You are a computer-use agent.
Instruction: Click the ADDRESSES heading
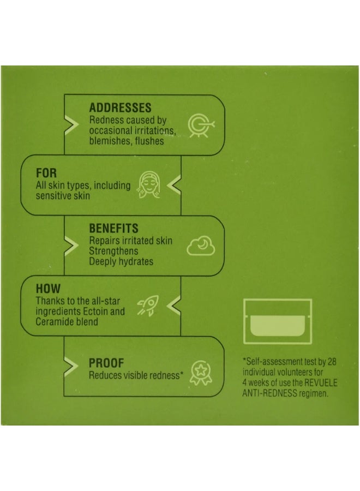120,107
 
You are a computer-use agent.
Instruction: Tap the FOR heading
46,173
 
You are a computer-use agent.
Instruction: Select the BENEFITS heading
113,228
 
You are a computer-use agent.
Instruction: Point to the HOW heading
48,289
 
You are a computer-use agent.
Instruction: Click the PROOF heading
106,363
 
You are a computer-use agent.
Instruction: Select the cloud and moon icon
201,246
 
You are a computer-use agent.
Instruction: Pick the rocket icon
148,306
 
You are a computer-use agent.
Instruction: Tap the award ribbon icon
201,373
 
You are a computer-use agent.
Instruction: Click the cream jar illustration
278,321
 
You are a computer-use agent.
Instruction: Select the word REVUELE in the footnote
321,382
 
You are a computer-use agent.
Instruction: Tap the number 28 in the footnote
332,362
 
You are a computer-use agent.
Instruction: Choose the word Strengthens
113,251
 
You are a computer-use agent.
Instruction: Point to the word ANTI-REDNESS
269,393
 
